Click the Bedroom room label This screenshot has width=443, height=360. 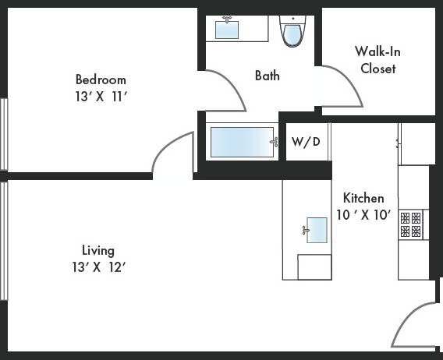click(100, 79)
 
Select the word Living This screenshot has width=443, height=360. click(98, 250)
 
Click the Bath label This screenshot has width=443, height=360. click(267, 76)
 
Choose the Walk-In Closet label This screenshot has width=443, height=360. click(377, 60)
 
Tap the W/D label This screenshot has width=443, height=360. click(306, 142)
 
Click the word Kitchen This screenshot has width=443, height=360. click(363, 198)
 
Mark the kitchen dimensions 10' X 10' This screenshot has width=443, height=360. click(363, 215)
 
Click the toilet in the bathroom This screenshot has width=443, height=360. click(292, 33)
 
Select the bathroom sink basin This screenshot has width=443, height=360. click(227, 30)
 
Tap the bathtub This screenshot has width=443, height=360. click(243, 143)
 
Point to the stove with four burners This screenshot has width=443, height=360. click(411, 224)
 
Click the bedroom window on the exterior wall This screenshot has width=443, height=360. click(3, 133)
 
